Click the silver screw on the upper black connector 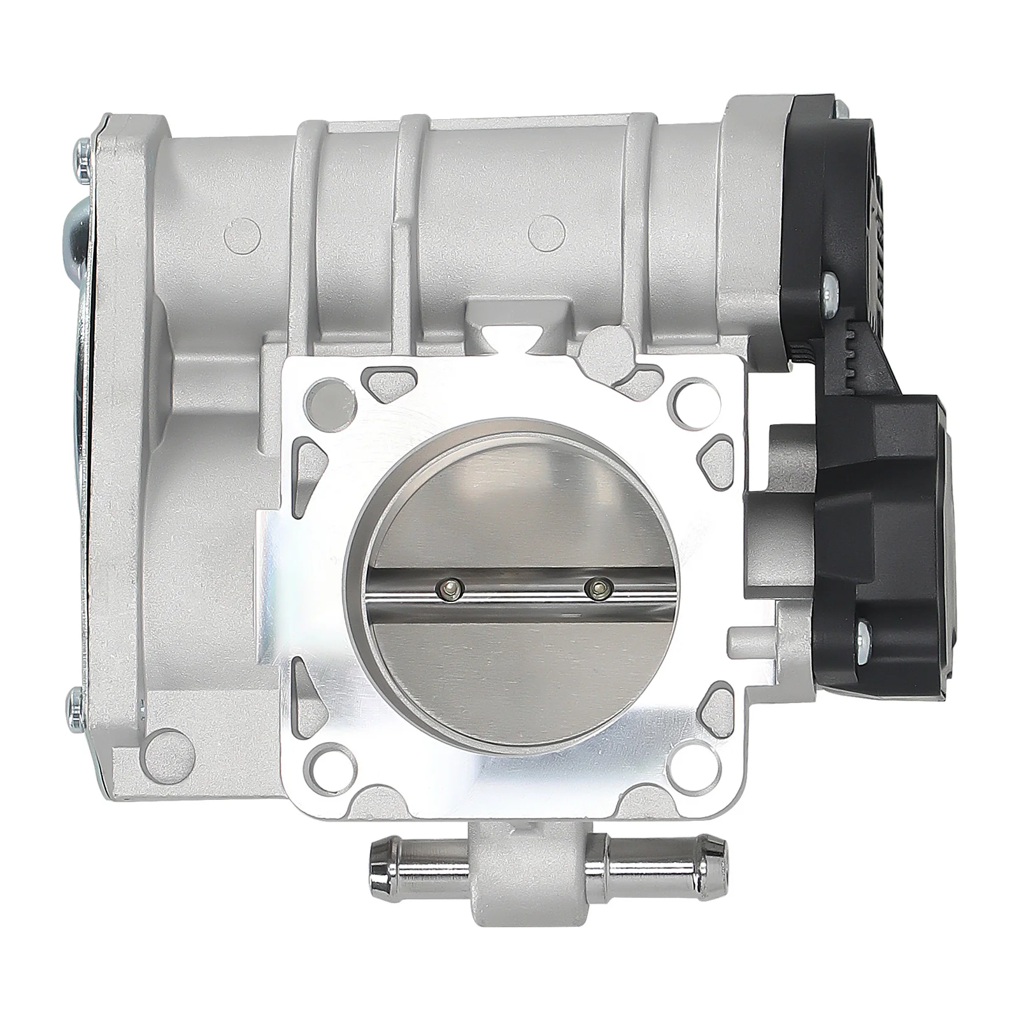(x=830, y=281)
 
